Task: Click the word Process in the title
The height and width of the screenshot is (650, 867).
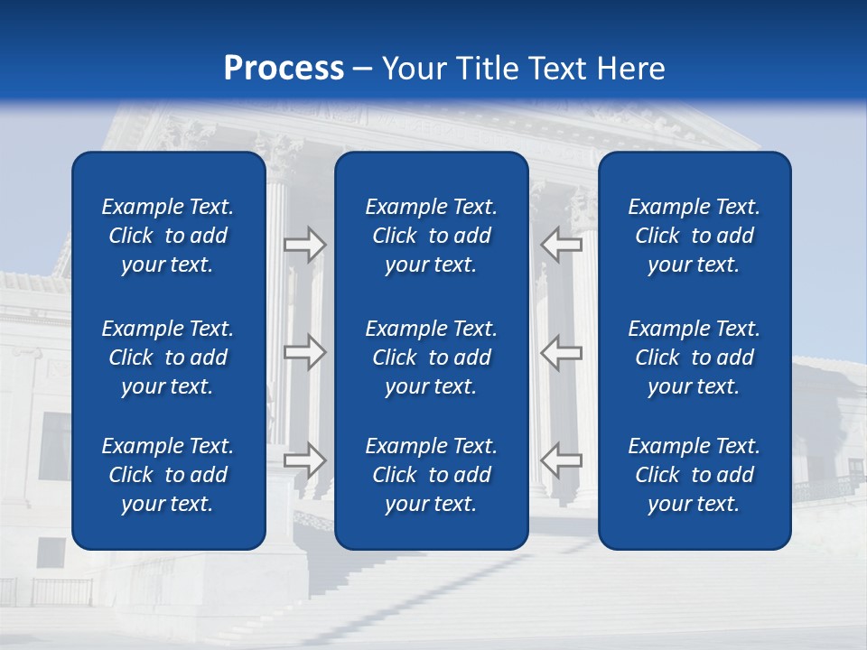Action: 284,69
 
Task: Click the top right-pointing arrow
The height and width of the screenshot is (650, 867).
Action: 304,245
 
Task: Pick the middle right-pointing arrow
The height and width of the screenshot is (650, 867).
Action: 304,352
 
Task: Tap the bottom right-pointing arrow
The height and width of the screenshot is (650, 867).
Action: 304,460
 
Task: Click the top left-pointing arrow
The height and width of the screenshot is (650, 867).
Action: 561,245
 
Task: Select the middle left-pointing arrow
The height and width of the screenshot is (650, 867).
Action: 561,352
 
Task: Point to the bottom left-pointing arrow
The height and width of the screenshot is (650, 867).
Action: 561,460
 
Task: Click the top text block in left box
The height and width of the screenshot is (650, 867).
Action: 168,236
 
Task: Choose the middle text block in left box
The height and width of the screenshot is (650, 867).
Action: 168,357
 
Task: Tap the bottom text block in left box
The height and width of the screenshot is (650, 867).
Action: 168,475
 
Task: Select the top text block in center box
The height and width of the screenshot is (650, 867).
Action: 432,236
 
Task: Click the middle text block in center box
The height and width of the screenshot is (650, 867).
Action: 432,357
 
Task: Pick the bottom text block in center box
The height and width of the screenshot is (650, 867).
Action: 432,475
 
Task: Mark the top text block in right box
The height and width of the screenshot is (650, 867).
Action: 695,236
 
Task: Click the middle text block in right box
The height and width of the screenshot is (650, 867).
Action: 695,357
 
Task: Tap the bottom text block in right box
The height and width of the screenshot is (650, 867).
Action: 695,475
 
